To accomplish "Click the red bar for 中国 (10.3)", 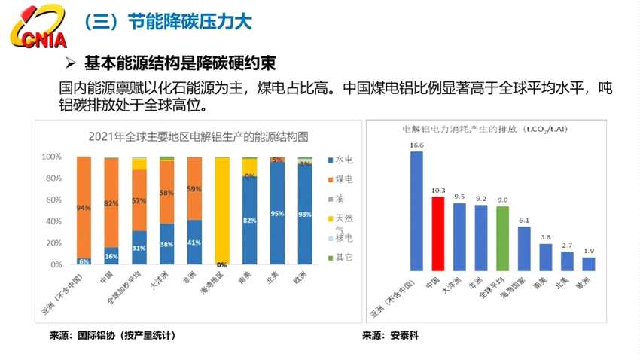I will [438, 233].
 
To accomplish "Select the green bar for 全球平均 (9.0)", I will [503, 238].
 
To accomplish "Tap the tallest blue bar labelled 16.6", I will [416, 211].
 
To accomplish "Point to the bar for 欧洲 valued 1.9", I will [589, 264].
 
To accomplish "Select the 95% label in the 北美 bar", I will [277, 214].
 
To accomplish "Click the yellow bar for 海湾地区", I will [222, 211].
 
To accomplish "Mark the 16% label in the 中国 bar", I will [111, 256].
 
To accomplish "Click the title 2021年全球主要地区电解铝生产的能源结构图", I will [187, 137].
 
